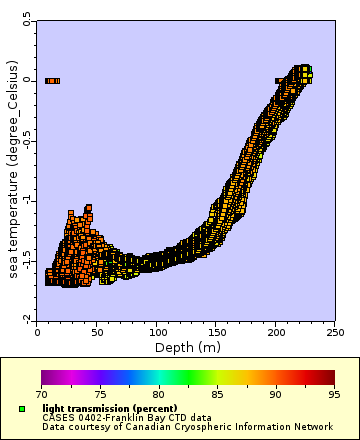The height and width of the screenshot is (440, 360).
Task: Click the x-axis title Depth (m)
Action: click(x=187, y=347)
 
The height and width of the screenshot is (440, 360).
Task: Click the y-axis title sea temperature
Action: click(x=15, y=169)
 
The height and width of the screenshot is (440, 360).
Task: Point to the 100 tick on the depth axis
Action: click(x=157, y=332)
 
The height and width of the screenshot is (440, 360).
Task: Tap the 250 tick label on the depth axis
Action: click(x=336, y=332)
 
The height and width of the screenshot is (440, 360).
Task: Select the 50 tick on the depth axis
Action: click(x=97, y=332)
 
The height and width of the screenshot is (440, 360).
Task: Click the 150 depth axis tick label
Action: click(x=216, y=332)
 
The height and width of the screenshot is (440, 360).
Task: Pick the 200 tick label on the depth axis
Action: click(x=276, y=332)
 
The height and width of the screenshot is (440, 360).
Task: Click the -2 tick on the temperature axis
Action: click(x=28, y=319)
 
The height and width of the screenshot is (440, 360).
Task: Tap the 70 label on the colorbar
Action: click(x=41, y=395)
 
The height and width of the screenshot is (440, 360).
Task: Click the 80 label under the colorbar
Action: click(x=159, y=395)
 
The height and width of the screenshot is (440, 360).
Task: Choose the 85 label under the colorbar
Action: click(x=218, y=395)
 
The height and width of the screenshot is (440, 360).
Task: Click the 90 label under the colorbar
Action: click(x=277, y=395)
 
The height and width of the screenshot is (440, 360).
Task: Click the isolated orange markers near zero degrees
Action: click(x=53, y=80)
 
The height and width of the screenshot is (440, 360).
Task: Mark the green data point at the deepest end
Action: click(x=310, y=71)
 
